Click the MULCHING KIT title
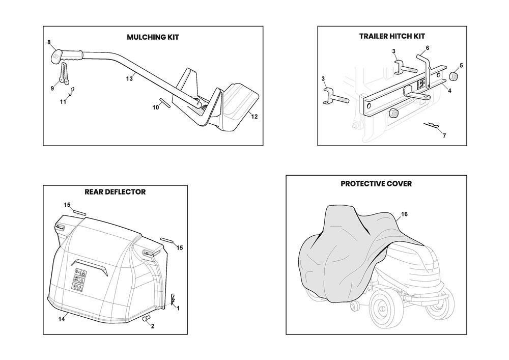(153, 37)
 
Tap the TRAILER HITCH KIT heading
(392, 36)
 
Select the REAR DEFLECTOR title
(115, 192)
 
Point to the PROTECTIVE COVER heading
(376, 184)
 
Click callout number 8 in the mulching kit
(49, 42)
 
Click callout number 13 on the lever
(129, 78)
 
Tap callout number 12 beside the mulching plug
(254, 117)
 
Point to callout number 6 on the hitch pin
(427, 48)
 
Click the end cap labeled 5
(453, 76)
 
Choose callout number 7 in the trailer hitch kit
(444, 136)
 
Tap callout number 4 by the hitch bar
(449, 90)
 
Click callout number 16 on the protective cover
(404, 214)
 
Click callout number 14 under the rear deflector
(62, 319)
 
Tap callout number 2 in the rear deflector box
(152, 326)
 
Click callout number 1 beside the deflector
(178, 308)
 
